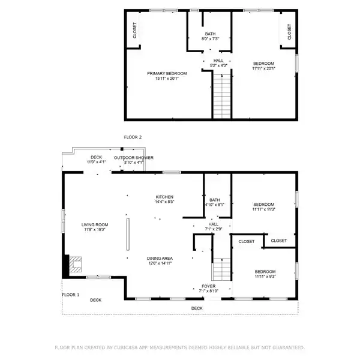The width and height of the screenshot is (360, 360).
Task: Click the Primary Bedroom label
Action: (167, 73)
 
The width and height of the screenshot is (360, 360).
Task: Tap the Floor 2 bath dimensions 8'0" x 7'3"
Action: (211, 39)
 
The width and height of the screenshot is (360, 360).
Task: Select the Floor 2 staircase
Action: (222, 96)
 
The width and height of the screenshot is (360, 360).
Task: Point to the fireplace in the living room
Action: (76, 265)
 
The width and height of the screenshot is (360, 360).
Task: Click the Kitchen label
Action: (164, 197)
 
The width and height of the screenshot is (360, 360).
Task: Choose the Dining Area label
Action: (160, 258)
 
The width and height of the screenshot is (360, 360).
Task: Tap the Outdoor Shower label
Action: (134, 158)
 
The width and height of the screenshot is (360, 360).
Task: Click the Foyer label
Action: (208, 286)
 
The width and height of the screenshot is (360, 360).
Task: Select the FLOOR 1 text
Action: (70, 295)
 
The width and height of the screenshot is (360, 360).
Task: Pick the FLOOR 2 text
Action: (133, 137)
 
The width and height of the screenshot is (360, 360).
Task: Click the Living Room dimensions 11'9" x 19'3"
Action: (95, 230)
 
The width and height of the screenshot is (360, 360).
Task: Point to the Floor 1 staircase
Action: (221, 269)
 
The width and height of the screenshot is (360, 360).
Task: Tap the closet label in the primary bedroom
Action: (135, 31)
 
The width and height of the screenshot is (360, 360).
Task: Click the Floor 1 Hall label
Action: (214, 224)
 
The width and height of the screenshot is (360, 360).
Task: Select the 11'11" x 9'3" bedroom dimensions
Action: (265, 277)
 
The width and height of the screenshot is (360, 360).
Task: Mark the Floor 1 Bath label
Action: (215, 200)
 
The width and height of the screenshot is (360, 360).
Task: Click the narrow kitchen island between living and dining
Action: (128, 234)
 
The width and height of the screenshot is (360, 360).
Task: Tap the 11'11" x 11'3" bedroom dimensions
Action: (264, 209)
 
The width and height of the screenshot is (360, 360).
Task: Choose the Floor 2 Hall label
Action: (218, 61)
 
